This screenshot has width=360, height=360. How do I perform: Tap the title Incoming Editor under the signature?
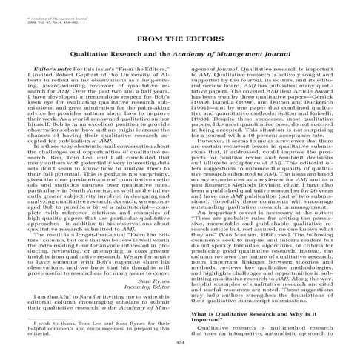[148, 269]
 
